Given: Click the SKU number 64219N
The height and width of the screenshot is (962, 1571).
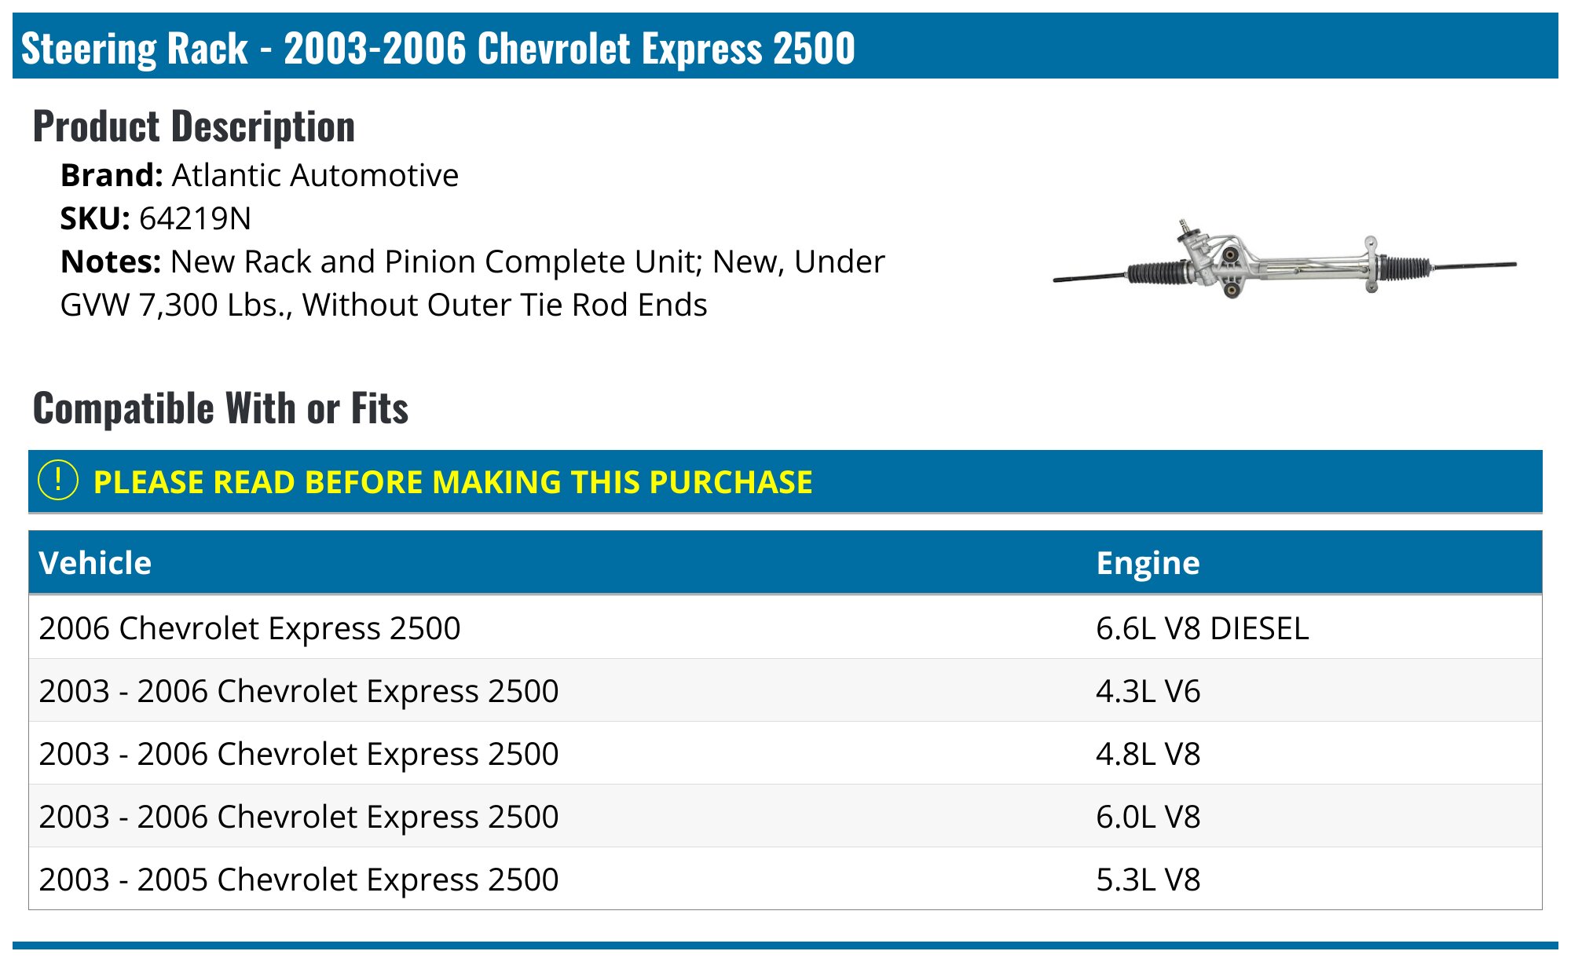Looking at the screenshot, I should (195, 219).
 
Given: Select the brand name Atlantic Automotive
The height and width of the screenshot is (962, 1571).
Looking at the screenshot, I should (314, 176).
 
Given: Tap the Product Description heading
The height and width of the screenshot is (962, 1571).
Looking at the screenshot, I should (194, 127).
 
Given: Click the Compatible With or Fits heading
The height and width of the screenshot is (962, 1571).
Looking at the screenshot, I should (221, 409).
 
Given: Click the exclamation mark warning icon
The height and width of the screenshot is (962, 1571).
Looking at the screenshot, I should (58, 481).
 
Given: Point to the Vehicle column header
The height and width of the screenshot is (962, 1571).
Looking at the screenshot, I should (95, 563).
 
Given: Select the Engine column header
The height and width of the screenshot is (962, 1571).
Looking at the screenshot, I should (1148, 563).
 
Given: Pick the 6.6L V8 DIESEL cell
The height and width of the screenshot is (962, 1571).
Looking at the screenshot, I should (1202, 628).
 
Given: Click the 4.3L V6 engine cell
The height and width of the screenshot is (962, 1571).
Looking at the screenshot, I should (1148, 691).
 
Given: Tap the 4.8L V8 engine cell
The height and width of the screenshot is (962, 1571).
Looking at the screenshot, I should (1148, 754).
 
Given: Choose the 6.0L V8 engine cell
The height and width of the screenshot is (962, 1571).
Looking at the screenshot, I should (1148, 817).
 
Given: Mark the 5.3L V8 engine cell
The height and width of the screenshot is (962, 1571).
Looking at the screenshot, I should (1148, 880).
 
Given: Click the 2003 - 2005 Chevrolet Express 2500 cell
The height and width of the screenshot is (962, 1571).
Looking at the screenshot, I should (298, 880).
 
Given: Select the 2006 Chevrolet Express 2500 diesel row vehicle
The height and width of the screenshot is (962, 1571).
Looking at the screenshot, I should (250, 628).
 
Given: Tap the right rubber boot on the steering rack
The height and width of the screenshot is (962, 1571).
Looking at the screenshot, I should (1404, 267).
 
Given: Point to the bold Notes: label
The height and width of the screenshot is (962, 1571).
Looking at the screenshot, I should (111, 262).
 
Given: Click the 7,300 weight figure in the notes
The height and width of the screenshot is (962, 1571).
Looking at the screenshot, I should (177, 305).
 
